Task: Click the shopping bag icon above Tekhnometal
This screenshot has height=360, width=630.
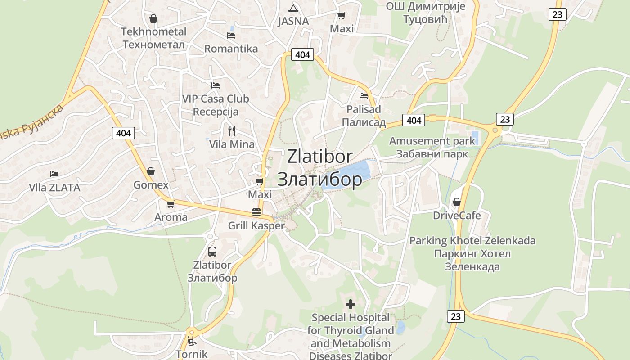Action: click(x=153, y=18)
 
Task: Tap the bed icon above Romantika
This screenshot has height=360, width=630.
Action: click(x=231, y=35)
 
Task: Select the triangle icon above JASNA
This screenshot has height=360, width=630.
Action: click(x=293, y=8)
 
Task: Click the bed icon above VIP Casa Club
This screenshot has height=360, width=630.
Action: click(x=216, y=85)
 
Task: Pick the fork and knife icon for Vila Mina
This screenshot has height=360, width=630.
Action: click(x=232, y=131)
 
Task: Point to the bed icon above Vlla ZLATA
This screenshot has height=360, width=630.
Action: click(x=54, y=174)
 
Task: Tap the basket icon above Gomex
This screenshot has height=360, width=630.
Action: click(x=151, y=171)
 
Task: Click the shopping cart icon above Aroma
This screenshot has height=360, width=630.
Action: click(x=171, y=204)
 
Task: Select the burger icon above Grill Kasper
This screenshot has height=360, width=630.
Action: click(x=256, y=212)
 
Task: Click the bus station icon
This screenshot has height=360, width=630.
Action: click(x=212, y=252)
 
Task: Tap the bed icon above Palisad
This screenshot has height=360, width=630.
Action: click(x=364, y=95)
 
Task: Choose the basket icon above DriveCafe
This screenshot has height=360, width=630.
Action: click(x=457, y=202)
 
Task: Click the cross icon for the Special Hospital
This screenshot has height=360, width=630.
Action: click(x=350, y=304)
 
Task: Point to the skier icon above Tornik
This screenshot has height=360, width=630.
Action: click(x=192, y=341)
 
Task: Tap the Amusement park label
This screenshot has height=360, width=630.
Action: click(x=432, y=141)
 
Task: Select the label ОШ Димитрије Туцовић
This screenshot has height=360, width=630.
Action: click(x=425, y=13)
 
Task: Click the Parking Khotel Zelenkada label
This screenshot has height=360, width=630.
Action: click(x=472, y=241)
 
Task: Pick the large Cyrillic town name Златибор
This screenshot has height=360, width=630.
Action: click(x=319, y=179)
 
